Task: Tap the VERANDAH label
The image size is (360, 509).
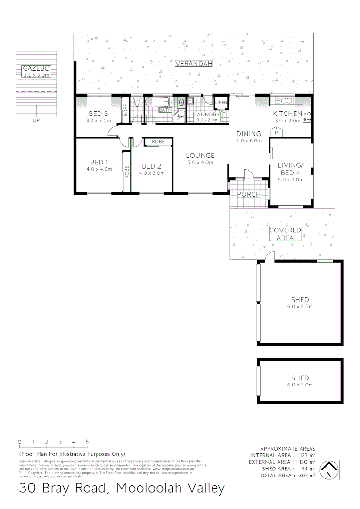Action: (x=194, y=64)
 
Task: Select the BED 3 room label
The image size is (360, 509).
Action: (x=98, y=114)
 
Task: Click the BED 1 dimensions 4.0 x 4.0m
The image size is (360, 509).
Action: (x=98, y=169)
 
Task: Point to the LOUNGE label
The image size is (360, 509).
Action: (x=200, y=156)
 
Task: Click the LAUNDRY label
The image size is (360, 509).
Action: (x=207, y=115)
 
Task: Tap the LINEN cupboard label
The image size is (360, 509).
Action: (x=221, y=103)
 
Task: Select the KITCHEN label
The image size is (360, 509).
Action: (x=287, y=114)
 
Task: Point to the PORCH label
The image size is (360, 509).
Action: (x=248, y=194)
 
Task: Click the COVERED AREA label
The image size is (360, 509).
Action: (x=285, y=234)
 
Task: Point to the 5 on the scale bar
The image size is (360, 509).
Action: (x=87, y=442)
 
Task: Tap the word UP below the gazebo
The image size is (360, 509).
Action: (x=36, y=121)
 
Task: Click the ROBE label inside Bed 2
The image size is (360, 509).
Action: (x=158, y=141)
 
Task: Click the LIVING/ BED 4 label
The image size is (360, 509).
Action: (x=289, y=168)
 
